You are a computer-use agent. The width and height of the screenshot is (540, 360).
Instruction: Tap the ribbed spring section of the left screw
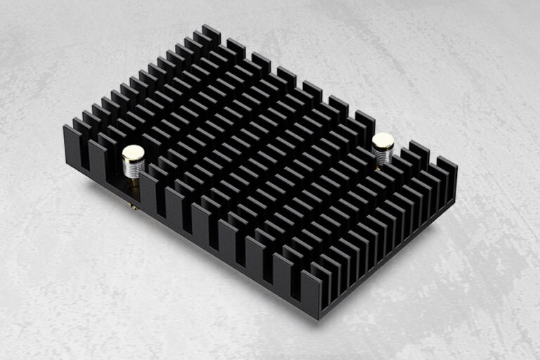click(x=133, y=167)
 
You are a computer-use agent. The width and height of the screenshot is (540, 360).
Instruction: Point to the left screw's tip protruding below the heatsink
click(x=133, y=207)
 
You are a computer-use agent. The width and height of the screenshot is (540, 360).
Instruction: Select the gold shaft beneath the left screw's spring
click(x=133, y=182)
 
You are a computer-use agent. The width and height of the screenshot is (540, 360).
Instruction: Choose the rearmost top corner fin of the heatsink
click(x=211, y=34)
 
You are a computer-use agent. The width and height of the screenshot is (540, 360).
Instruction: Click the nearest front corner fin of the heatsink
click(x=311, y=292)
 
